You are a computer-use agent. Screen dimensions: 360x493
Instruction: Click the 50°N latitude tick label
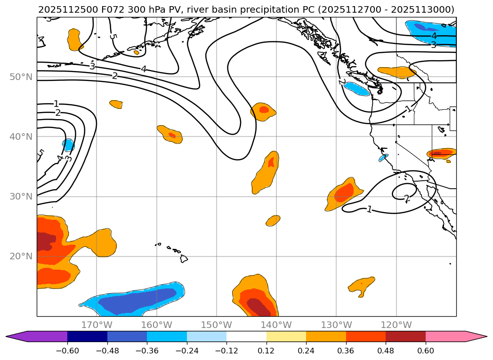[x=21, y=77]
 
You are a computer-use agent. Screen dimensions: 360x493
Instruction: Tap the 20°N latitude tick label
[x=21, y=256]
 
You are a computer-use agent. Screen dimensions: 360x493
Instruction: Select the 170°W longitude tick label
[x=97, y=325]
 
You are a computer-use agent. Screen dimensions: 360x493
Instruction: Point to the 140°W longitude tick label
[x=276, y=325]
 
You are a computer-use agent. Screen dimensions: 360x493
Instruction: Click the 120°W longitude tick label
[x=396, y=325]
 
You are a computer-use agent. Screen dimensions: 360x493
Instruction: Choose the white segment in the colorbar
[x=246, y=336]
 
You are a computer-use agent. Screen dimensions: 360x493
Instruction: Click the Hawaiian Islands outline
[x=183, y=258]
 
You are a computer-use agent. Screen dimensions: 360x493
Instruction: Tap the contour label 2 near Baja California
[x=407, y=199]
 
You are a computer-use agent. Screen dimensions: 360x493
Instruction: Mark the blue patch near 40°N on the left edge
[x=69, y=144]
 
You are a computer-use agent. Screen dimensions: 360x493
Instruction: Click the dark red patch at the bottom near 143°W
[x=258, y=307]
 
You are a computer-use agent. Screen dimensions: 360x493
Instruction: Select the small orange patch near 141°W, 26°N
[x=273, y=220]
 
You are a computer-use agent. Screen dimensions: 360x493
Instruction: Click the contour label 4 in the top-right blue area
[x=434, y=36]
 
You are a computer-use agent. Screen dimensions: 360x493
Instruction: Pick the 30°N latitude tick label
[x=21, y=196]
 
